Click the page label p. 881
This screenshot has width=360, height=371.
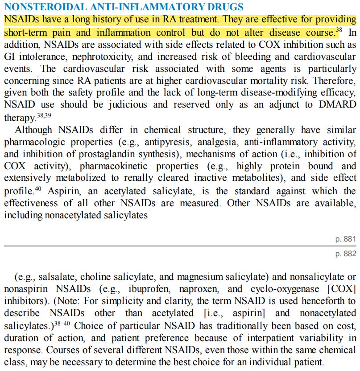tap(346, 239)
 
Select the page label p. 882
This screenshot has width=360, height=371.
tap(346, 254)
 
